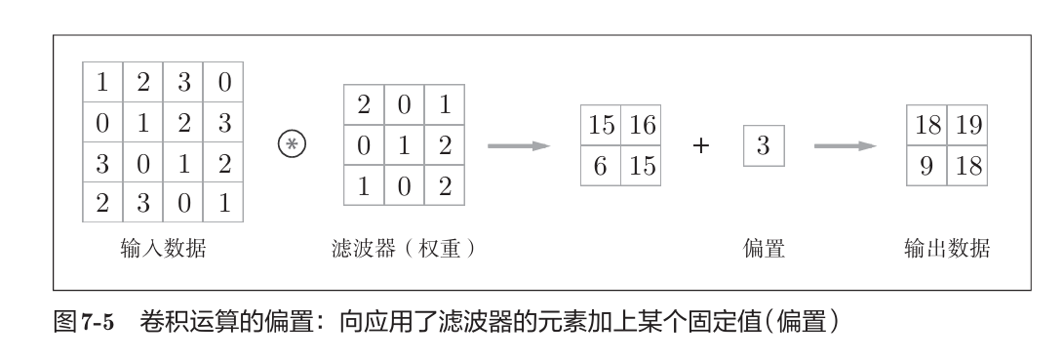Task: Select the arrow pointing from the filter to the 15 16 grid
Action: pyautogui.click(x=519, y=146)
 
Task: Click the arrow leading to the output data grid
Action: pyautogui.click(x=845, y=146)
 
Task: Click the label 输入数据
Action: pyautogui.click(x=163, y=250)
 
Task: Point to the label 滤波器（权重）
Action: pyautogui.click(x=403, y=250)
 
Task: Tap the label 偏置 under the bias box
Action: pyautogui.click(x=764, y=250)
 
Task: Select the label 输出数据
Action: pyautogui.click(x=947, y=250)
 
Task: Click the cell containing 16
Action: pyautogui.click(x=643, y=126)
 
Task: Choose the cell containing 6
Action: pyautogui.click(x=602, y=167)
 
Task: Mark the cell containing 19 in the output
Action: pyautogui.click(x=968, y=126)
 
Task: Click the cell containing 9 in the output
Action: pyautogui.click(x=927, y=167)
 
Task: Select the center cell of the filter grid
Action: pyautogui.click(x=405, y=145)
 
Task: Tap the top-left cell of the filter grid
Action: pyautogui.click(x=365, y=105)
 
